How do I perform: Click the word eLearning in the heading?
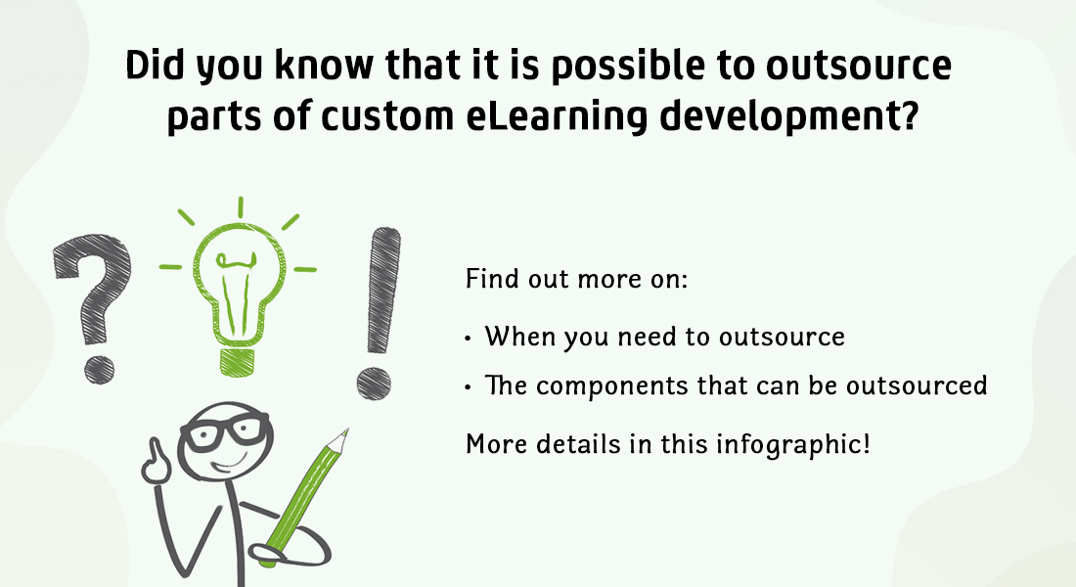point(557,115)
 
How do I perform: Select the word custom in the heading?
point(387,115)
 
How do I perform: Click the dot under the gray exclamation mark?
point(374,384)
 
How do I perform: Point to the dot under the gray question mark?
point(99,370)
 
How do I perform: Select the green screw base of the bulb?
point(238,362)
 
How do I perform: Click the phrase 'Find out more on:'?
point(576,280)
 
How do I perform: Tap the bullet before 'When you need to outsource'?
point(468,338)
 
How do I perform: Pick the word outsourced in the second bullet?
point(917,385)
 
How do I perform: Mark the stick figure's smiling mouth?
point(231,464)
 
